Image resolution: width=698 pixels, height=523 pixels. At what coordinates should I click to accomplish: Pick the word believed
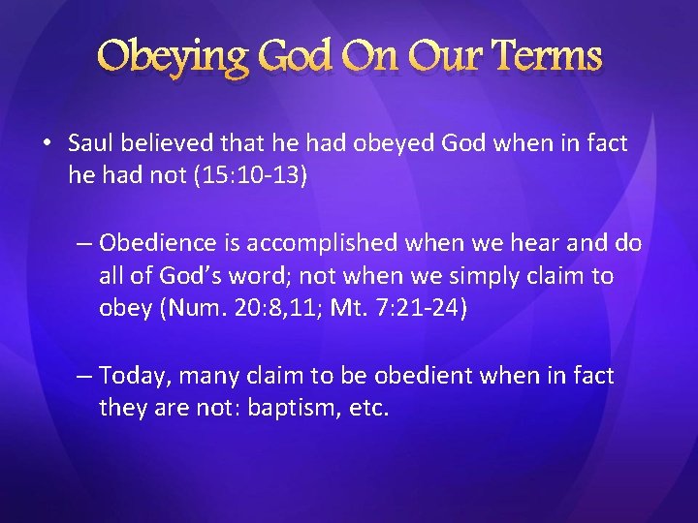pos(168,144)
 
